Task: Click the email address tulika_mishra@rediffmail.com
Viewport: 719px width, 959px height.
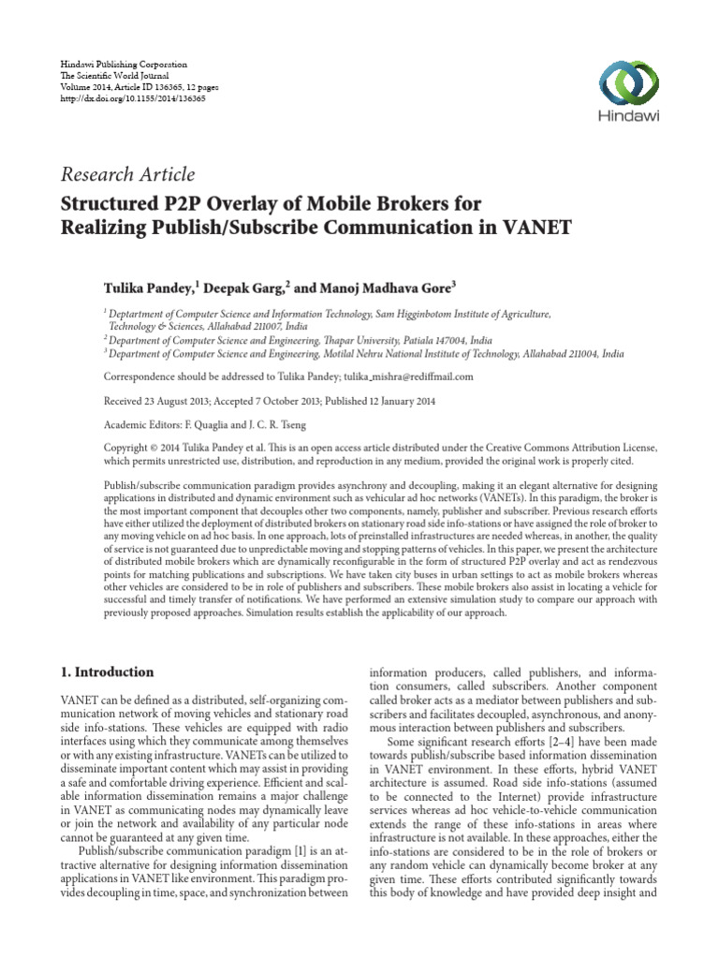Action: [x=395, y=376]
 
